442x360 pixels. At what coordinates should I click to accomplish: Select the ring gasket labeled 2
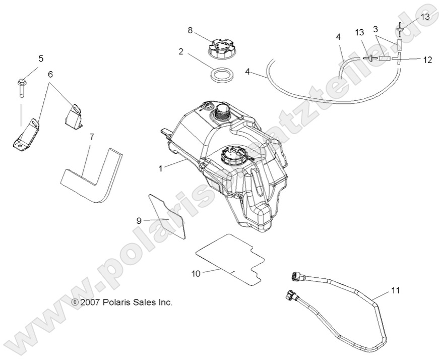tap(221, 75)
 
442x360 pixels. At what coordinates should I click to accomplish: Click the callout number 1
tap(161, 169)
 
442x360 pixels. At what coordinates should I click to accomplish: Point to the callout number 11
tap(395, 291)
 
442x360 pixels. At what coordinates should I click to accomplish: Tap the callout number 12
tap(427, 59)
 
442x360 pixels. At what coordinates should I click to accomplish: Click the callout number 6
tap(50, 74)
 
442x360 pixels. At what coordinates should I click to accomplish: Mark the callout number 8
tap(190, 30)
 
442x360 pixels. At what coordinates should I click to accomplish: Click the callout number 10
tap(196, 274)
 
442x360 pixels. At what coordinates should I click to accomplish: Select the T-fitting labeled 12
tap(396, 59)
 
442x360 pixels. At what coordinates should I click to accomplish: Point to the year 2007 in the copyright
tap(91, 303)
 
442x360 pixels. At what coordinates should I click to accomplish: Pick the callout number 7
tap(91, 137)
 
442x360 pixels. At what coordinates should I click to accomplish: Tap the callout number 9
tap(139, 220)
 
